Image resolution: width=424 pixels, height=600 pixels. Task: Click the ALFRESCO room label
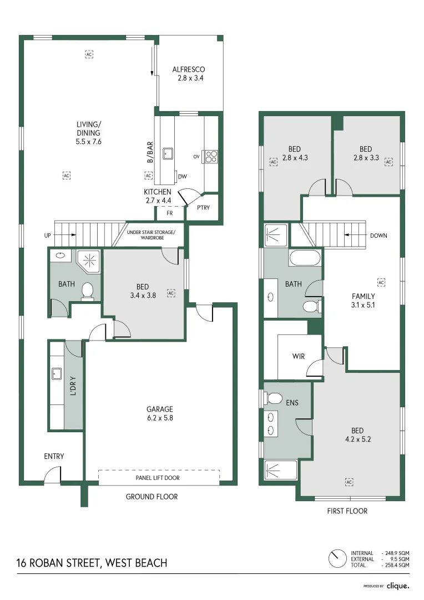tap(189, 69)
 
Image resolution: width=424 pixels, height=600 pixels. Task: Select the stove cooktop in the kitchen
tap(210, 156)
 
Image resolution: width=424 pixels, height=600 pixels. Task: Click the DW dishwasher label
tap(182, 177)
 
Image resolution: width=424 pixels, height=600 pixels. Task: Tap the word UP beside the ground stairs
tap(48, 236)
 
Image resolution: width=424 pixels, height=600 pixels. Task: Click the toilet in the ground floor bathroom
tap(87, 291)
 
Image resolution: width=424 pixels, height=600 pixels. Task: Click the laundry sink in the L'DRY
tap(57, 373)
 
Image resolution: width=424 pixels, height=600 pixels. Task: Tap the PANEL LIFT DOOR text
tap(158, 477)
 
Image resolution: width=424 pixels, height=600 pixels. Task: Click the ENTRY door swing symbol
tap(52, 475)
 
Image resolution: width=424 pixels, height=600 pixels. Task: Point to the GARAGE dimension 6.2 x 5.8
tap(160, 418)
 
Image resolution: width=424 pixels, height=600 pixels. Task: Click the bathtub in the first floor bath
tap(305, 258)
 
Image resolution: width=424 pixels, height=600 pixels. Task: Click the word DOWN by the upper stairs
tap(378, 236)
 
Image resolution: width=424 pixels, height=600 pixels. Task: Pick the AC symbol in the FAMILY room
tap(381, 282)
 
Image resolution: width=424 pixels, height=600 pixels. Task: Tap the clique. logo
tap(398, 585)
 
